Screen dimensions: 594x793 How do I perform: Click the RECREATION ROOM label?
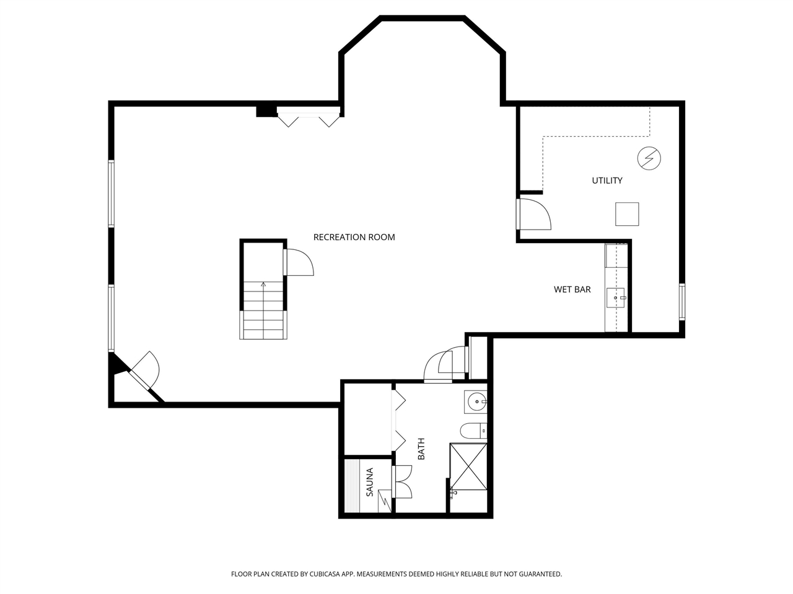click(x=354, y=237)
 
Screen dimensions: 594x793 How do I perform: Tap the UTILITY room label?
click(x=607, y=181)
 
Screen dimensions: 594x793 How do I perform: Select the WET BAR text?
click(x=572, y=290)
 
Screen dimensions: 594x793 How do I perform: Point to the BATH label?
click(x=421, y=449)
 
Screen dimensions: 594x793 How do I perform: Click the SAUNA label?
click(x=370, y=482)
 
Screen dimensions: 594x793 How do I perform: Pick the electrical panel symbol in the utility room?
click(x=649, y=158)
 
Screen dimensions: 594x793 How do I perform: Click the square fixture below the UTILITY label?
click(x=626, y=214)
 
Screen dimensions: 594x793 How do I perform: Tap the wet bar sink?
click(x=617, y=298)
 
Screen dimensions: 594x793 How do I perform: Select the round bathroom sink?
click(x=476, y=402)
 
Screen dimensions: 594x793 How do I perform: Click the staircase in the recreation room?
click(x=263, y=309)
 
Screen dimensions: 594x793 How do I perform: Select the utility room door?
click(x=534, y=214)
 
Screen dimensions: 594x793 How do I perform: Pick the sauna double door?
click(x=403, y=481)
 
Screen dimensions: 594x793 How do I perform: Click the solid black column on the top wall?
click(x=266, y=111)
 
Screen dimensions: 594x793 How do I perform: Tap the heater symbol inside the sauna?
click(x=385, y=501)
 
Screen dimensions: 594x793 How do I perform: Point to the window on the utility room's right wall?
click(x=681, y=301)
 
